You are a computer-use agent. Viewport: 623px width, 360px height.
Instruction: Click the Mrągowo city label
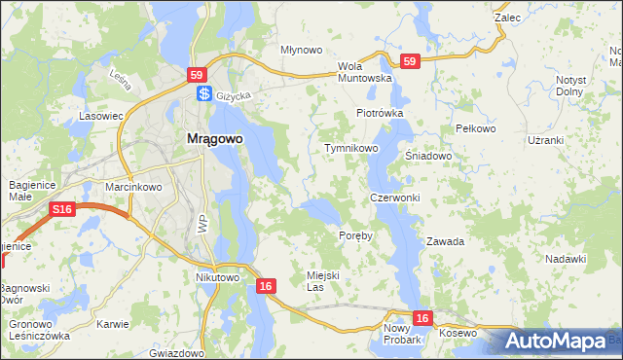(213, 139)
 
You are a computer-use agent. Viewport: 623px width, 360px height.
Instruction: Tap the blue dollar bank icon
(204, 94)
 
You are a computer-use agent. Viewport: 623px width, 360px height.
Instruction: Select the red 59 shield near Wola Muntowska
(410, 61)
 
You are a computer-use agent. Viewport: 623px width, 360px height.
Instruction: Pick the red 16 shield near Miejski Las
(267, 286)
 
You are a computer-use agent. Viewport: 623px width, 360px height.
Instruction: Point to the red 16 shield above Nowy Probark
(421, 318)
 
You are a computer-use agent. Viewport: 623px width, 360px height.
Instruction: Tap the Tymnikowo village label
(350, 148)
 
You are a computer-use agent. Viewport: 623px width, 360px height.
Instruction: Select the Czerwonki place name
(394, 198)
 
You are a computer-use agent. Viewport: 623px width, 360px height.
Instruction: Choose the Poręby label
(355, 236)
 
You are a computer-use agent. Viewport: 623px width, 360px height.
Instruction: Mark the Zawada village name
(445, 240)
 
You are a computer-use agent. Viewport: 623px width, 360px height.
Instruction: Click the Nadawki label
(566, 258)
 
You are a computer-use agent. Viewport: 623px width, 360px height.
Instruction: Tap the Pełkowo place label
(476, 128)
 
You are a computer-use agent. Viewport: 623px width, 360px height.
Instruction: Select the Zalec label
(507, 18)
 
